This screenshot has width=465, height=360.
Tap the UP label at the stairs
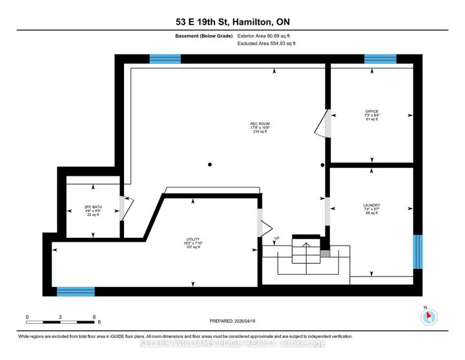pyautogui.click(x=278, y=238)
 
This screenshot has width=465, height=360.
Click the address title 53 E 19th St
pyautogui.click(x=232, y=23)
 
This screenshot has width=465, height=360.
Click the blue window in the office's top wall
pyautogui.click(x=380, y=59)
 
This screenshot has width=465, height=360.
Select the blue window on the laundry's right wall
pyautogui.click(x=418, y=251)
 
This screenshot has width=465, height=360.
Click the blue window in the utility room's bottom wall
pyautogui.click(x=76, y=291)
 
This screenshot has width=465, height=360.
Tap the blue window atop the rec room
pyautogui.click(x=165, y=59)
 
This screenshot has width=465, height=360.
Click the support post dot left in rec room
pyautogui.click(x=209, y=165)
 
